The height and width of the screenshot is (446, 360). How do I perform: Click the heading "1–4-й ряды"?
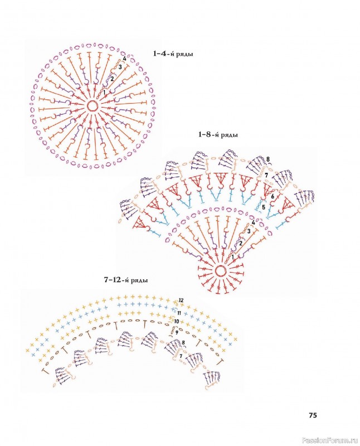(x=177, y=54)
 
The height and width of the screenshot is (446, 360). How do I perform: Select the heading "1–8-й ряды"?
(x=219, y=135)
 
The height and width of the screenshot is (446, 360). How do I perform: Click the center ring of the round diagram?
(x=93, y=106)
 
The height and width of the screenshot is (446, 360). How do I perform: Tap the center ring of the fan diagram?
(x=220, y=272)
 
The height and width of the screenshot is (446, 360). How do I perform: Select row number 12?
(x=181, y=300)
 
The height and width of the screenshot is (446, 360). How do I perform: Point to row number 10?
(x=176, y=322)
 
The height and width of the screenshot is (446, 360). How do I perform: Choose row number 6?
(x=272, y=197)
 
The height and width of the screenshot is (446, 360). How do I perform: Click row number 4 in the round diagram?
(x=124, y=59)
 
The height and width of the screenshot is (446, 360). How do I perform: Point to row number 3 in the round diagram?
(x=120, y=67)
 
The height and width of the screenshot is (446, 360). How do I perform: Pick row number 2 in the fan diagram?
(x=240, y=243)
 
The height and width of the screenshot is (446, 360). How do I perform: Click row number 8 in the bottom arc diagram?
(x=183, y=343)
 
